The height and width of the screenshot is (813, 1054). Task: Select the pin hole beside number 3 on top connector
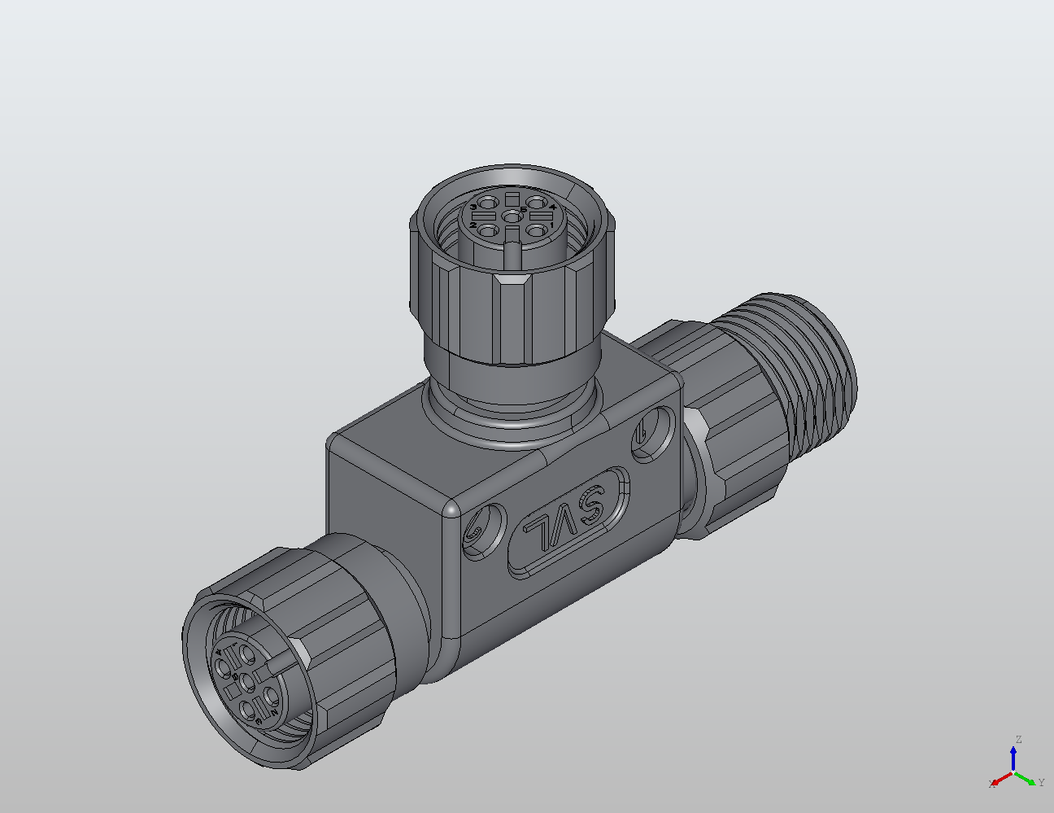pyautogui.click(x=487, y=203)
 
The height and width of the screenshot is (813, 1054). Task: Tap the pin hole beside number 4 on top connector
pyautogui.click(x=536, y=203)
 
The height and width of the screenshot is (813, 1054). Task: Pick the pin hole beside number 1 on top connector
pyautogui.click(x=535, y=230)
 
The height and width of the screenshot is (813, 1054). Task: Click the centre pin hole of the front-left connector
pyautogui.click(x=246, y=680)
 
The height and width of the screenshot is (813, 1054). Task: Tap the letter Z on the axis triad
pyautogui.click(x=1017, y=740)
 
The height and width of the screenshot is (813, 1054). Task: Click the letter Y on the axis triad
pyautogui.click(x=1041, y=783)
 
